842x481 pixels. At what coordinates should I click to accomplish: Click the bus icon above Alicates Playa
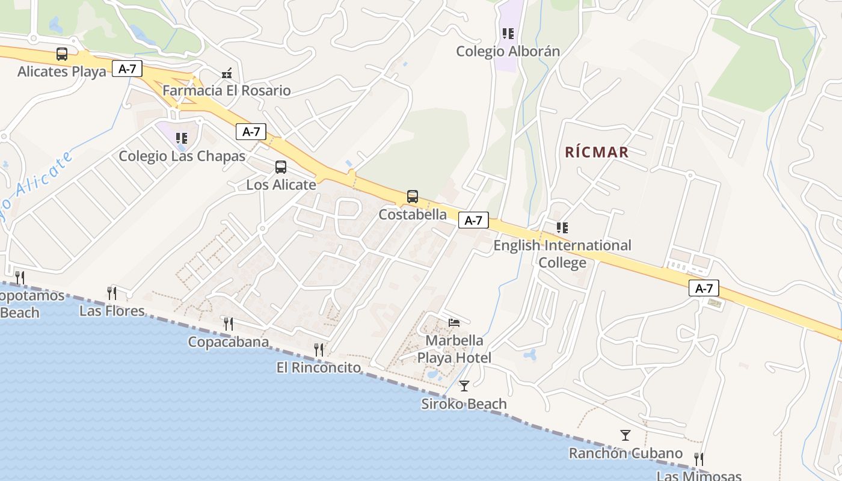click(x=62, y=54)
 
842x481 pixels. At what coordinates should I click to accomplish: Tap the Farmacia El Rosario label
click(x=227, y=91)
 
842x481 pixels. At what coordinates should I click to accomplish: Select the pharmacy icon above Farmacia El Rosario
click(x=227, y=73)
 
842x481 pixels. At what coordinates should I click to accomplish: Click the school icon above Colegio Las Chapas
click(x=182, y=138)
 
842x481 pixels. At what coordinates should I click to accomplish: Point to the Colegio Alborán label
click(x=508, y=51)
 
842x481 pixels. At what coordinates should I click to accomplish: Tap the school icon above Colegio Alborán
click(x=508, y=34)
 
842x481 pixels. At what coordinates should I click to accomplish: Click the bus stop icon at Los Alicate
click(x=281, y=167)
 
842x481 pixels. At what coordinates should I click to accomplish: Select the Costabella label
click(x=413, y=214)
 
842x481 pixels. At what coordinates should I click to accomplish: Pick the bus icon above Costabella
click(x=413, y=197)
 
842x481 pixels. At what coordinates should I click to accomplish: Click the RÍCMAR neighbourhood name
click(x=597, y=152)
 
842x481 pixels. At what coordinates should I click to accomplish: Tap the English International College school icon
click(x=562, y=228)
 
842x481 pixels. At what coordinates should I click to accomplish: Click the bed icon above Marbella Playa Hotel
click(x=454, y=323)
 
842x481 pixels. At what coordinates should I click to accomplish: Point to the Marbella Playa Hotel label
click(x=454, y=349)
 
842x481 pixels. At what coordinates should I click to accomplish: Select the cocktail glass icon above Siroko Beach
click(x=464, y=385)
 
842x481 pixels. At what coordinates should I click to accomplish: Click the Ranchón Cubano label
click(x=625, y=453)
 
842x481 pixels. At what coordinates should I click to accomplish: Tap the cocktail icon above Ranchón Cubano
click(x=625, y=435)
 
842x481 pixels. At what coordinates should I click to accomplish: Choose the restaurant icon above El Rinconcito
click(x=319, y=349)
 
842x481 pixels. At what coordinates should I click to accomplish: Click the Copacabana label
click(x=228, y=342)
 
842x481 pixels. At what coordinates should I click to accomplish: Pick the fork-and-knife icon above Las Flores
click(x=112, y=293)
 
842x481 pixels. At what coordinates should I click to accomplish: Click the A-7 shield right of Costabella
click(x=473, y=221)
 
